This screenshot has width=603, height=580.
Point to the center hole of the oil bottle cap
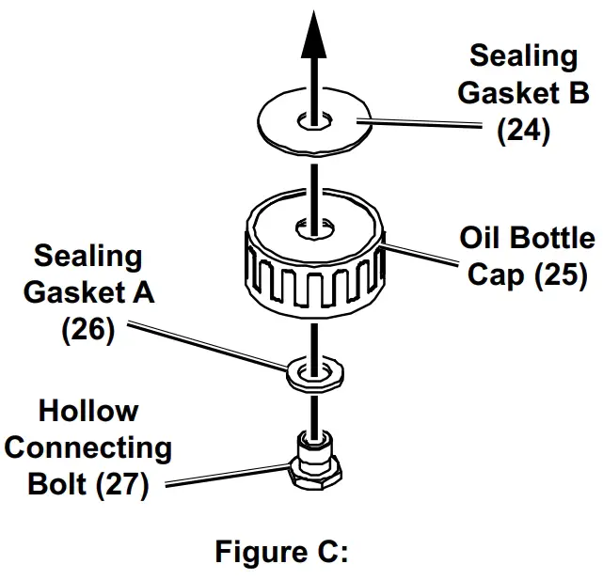[x=309, y=227]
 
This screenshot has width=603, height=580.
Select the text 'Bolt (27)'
[x=88, y=485]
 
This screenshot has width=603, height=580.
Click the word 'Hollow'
[x=88, y=411]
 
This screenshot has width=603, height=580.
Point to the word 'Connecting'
[x=88, y=447]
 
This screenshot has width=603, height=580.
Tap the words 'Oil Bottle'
[x=527, y=238]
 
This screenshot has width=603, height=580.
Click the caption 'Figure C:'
[x=282, y=551]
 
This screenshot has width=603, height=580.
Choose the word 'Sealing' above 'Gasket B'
[x=524, y=55]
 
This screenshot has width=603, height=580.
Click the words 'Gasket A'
[x=88, y=292]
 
